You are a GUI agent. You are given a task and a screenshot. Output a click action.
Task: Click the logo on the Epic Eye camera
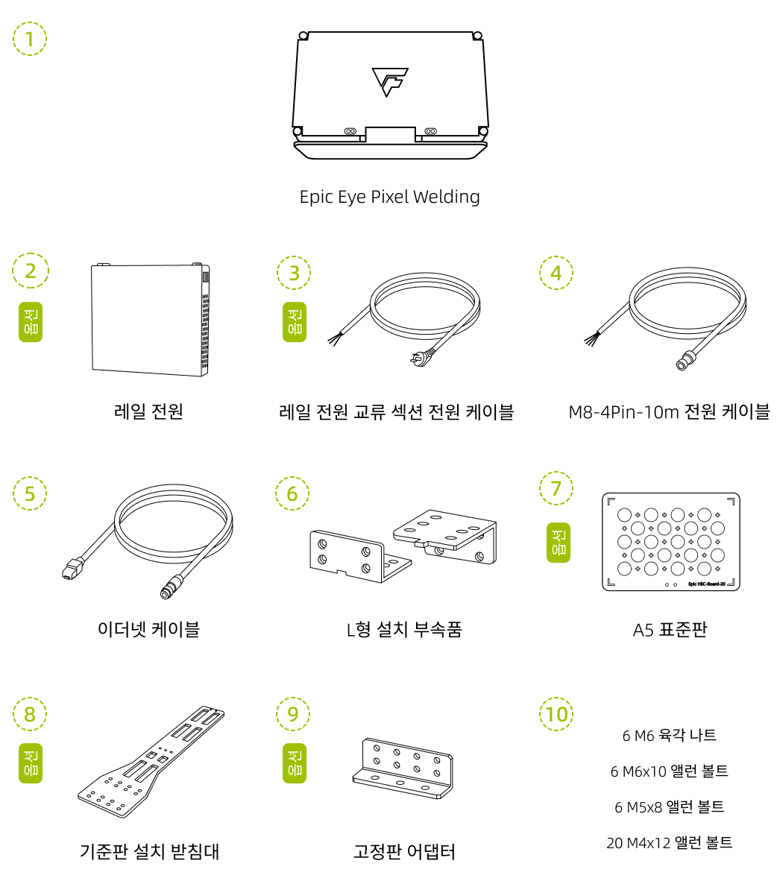click(389, 82)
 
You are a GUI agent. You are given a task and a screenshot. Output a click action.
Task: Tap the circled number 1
click(30, 39)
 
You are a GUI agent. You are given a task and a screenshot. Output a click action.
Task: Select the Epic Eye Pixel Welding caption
click(389, 198)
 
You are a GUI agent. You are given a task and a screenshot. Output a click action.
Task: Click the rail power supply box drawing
click(151, 319)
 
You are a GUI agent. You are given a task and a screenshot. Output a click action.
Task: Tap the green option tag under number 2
click(31, 322)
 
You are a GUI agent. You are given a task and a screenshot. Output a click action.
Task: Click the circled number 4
click(556, 273)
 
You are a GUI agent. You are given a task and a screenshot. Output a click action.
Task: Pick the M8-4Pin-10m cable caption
click(670, 412)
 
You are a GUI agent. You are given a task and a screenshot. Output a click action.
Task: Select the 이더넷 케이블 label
click(149, 629)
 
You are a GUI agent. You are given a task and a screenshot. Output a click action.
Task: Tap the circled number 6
click(292, 493)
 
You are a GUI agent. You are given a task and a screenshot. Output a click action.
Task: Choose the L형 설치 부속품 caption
click(404, 629)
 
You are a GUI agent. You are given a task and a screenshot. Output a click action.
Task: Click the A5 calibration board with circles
click(671, 542)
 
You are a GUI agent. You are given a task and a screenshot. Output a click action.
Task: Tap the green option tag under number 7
click(558, 542)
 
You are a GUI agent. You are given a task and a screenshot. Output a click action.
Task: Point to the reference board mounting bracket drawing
click(151, 761)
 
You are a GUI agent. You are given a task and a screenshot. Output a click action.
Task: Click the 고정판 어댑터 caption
click(404, 852)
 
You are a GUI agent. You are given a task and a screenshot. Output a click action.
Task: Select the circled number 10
click(556, 714)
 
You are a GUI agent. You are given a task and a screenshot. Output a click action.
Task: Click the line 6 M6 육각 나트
click(670, 736)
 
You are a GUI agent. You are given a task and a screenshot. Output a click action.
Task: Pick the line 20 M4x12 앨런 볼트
click(670, 843)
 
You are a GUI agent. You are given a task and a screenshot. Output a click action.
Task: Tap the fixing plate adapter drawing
click(403, 768)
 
